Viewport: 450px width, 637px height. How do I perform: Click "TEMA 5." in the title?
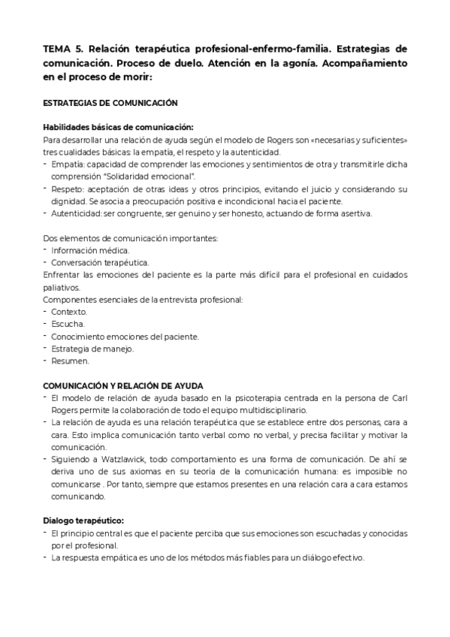(x=62, y=49)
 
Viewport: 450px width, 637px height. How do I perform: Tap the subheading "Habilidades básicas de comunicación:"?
(x=118, y=127)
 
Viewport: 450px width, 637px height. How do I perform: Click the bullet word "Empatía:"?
(x=68, y=165)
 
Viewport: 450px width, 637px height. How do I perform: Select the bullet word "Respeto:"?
(x=68, y=189)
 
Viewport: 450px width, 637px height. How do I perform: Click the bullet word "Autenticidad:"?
(x=77, y=213)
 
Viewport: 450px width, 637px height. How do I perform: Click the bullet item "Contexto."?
(x=69, y=312)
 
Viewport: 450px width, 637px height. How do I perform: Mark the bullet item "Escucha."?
(x=68, y=324)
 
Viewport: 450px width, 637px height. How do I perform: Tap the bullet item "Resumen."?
(x=70, y=361)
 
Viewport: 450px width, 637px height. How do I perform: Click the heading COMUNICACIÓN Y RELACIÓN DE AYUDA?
(x=123, y=385)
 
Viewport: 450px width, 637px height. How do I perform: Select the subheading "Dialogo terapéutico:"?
(x=83, y=521)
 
